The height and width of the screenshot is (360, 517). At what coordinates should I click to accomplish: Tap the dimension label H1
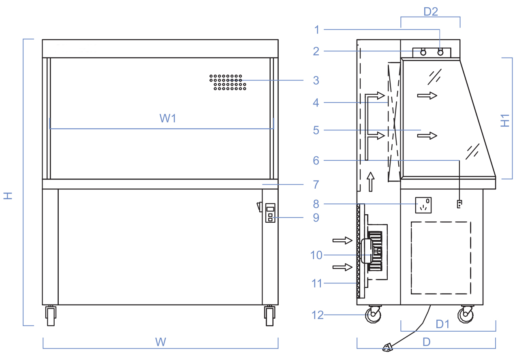coord(505,121)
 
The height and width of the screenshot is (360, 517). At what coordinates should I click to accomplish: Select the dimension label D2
coord(430,12)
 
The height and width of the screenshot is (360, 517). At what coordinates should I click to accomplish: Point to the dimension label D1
coord(442,324)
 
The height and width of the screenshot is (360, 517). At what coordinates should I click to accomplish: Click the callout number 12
coord(318,315)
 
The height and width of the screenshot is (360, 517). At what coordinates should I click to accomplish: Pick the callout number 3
coord(316,81)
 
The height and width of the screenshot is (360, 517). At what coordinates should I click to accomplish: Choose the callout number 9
coord(316,218)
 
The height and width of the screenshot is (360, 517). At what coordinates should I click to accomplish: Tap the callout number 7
coord(316,185)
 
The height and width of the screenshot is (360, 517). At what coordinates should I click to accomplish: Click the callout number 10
coord(316,255)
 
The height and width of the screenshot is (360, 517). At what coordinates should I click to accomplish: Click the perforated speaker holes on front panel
coord(228,82)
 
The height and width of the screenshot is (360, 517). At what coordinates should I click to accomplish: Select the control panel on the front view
coord(270,213)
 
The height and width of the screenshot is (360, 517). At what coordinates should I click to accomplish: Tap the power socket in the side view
coord(423,205)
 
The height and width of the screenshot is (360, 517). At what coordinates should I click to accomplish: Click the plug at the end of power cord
coord(387,347)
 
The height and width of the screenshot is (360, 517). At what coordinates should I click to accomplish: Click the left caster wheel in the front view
coord(51,316)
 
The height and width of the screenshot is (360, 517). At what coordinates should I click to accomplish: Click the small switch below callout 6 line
coord(459,204)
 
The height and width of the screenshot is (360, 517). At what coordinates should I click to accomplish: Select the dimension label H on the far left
coord(8,196)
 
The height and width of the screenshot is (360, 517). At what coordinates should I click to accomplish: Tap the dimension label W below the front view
coord(161,342)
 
